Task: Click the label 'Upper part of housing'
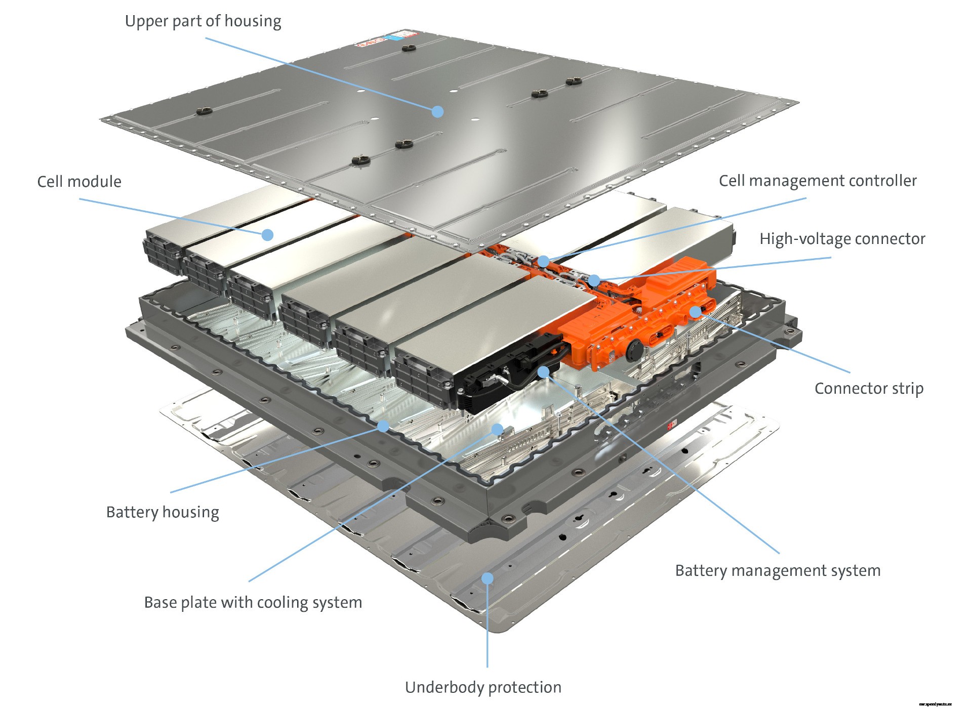tap(203, 21)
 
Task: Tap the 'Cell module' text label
tap(79, 182)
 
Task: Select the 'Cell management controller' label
tap(818, 181)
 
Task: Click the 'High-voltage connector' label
tap(842, 239)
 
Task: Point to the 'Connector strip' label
tap(869, 389)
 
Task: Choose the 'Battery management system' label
tap(778, 571)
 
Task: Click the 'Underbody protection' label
tap(483, 687)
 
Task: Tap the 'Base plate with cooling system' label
tap(253, 603)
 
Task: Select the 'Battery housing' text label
tap(163, 512)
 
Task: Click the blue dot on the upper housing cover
tap(437, 111)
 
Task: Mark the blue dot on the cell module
tap(267, 234)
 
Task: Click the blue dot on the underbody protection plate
tap(487, 578)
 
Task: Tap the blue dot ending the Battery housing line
tap(383, 426)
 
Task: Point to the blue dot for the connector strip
tap(696, 311)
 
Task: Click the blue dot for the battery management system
tap(543, 372)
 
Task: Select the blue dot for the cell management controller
tap(543, 261)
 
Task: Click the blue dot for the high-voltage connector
tap(594, 280)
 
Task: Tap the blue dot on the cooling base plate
tap(498, 430)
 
